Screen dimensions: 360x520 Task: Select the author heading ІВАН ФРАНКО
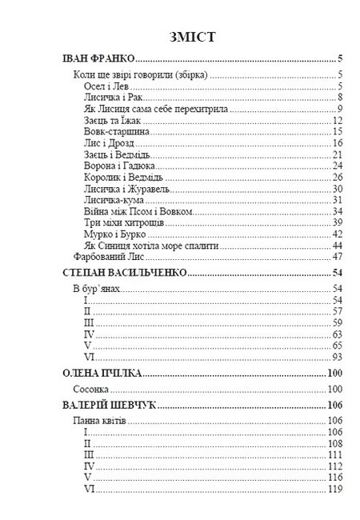98,58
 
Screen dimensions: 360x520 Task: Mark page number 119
335,489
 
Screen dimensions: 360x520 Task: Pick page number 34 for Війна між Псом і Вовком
338,211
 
